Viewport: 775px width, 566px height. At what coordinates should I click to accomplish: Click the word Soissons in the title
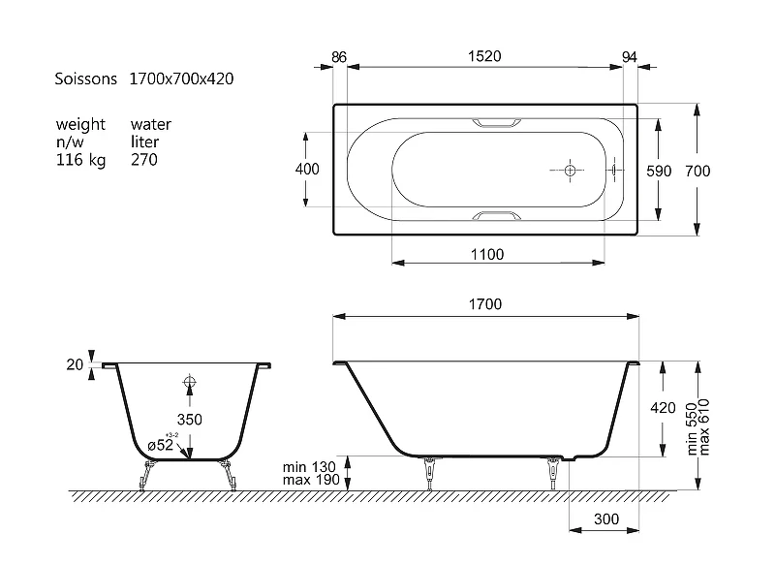[85, 79]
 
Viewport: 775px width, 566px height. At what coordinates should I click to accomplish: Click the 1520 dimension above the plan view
[484, 56]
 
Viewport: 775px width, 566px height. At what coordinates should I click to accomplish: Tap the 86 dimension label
[338, 57]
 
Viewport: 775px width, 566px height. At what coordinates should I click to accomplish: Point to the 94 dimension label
[629, 57]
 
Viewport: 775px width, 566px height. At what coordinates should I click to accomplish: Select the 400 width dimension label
[307, 169]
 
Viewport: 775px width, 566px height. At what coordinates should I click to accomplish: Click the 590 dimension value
[659, 171]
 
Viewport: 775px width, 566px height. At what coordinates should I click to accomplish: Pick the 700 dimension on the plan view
[697, 171]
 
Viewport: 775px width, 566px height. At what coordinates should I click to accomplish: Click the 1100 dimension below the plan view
[487, 255]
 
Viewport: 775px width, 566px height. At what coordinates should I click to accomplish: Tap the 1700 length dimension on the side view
[485, 304]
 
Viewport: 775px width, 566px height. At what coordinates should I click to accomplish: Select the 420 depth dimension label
[663, 408]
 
